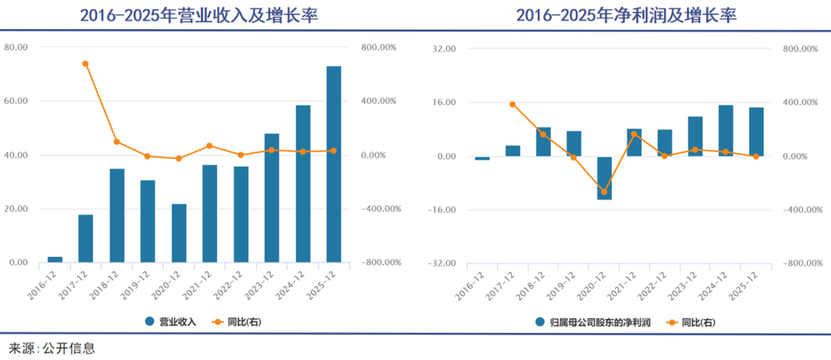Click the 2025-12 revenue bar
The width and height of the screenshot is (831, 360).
333,165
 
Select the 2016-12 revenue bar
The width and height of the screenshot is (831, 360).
55,259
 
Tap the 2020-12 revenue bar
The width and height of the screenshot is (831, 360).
179,233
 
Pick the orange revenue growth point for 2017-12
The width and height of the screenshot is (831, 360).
86,63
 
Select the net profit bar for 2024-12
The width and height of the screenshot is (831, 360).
726,131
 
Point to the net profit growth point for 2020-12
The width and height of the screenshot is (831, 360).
604,192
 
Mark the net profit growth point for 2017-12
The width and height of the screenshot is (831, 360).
513,104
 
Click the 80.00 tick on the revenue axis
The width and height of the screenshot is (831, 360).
16,47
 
